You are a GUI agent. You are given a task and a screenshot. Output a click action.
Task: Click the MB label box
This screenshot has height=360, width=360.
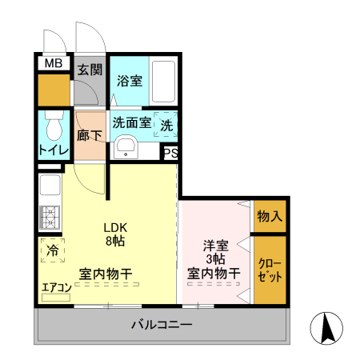pyautogui.click(x=53, y=64)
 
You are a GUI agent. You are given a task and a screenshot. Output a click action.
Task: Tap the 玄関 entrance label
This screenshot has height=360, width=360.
pyautogui.click(x=89, y=69)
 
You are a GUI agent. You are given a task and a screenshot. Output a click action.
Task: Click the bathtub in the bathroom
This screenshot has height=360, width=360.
pyautogui.click(x=165, y=80)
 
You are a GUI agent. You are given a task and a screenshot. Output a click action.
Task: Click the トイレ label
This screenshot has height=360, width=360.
pyautogui.click(x=54, y=150)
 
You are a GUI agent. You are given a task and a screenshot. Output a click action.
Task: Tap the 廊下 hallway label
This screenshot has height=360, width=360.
pyautogui.click(x=89, y=135)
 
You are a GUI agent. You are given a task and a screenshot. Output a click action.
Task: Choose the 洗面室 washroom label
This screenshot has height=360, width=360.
pyautogui.click(x=131, y=123)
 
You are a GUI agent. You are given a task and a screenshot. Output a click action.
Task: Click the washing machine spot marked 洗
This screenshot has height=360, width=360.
pyautogui.click(x=166, y=125)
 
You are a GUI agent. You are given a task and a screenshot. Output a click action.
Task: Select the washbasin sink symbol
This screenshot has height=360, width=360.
pyautogui.click(x=126, y=147)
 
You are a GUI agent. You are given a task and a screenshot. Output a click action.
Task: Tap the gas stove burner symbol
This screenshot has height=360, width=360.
pyautogui.click(x=48, y=217)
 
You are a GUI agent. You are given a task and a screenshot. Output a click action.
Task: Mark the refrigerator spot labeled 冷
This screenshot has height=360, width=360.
pyautogui.click(x=51, y=250)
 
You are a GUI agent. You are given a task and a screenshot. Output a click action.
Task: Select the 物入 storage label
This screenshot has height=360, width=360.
pyautogui.click(x=269, y=216)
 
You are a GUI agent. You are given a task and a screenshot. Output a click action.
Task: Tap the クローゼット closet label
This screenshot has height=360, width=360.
pyautogui.click(x=269, y=270)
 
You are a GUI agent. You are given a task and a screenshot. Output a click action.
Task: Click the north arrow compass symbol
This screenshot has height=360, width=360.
pyautogui.click(x=327, y=328)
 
